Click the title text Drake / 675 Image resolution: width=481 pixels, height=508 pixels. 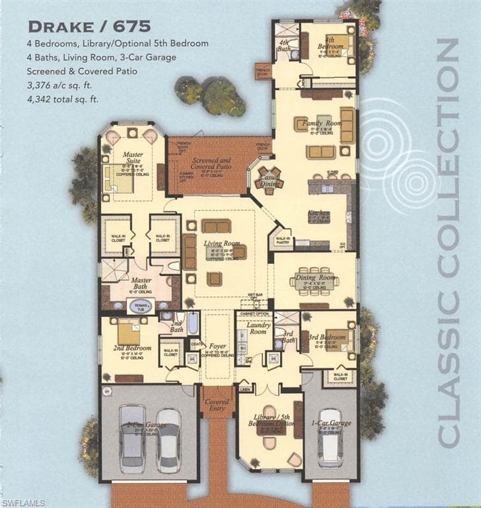click(x=89, y=26)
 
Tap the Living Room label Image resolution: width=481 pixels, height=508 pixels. click(x=221, y=244)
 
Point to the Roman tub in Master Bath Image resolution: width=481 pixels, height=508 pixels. click(x=139, y=306)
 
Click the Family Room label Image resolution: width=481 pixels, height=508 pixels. click(x=321, y=124)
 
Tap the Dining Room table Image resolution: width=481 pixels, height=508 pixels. click(x=314, y=280)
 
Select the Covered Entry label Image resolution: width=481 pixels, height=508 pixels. click(x=217, y=405)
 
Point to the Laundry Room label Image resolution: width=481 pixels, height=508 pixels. click(x=258, y=328)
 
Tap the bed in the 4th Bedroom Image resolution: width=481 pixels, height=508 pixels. click(x=340, y=45)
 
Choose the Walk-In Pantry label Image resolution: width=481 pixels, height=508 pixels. click(x=283, y=239)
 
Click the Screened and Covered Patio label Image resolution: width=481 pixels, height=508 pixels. click(x=211, y=163)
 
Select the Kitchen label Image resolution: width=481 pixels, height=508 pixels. click(x=318, y=213)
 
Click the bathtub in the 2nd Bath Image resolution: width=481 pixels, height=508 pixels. click(x=193, y=323)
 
